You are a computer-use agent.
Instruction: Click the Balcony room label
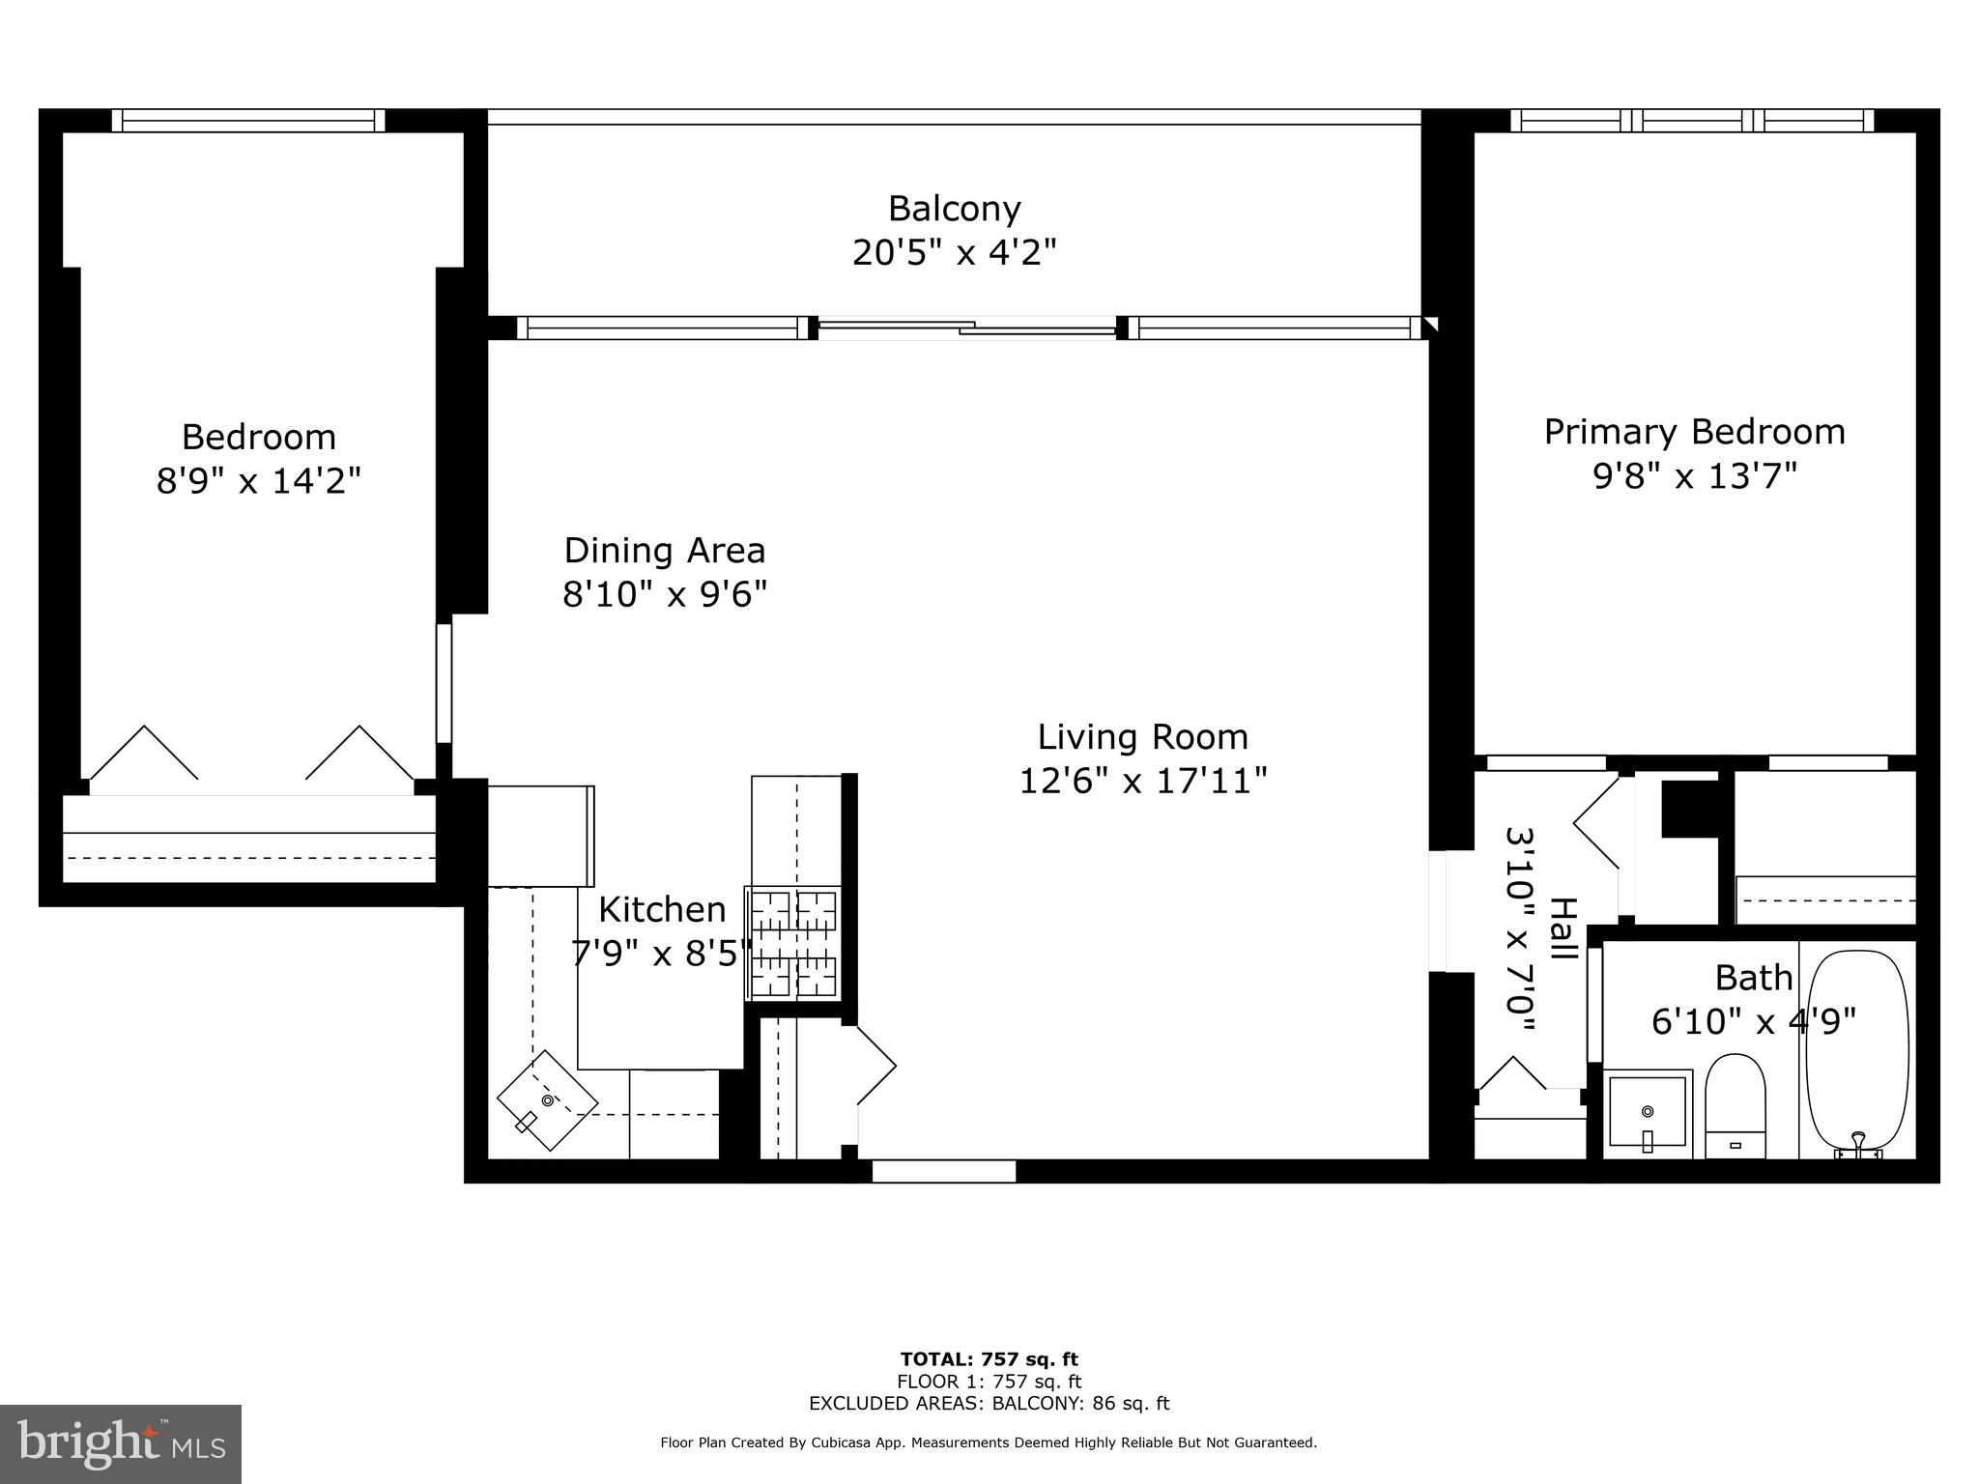click(x=954, y=209)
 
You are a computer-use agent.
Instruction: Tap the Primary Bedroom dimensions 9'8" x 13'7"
click(x=1694, y=476)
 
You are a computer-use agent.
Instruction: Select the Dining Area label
click(x=665, y=551)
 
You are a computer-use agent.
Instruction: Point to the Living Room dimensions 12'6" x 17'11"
click(x=1142, y=781)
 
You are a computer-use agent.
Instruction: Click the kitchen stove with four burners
click(x=793, y=944)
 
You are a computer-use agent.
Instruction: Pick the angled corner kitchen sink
click(x=547, y=1100)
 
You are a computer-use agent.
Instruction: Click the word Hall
click(x=1563, y=928)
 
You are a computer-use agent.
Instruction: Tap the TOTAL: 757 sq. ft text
click(x=989, y=1359)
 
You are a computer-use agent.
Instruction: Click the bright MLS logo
click(x=121, y=1443)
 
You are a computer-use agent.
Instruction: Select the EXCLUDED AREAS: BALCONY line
click(x=989, y=1404)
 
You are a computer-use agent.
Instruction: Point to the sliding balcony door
click(x=966, y=328)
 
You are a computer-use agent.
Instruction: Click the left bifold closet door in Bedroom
click(x=144, y=755)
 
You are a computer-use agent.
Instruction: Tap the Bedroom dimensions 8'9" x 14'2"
click(x=259, y=480)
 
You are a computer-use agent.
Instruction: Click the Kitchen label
click(x=662, y=909)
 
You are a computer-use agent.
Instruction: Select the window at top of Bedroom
click(x=248, y=121)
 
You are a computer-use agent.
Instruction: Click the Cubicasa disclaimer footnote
click(x=989, y=1442)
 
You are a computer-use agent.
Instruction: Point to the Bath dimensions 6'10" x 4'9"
click(x=1753, y=1021)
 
